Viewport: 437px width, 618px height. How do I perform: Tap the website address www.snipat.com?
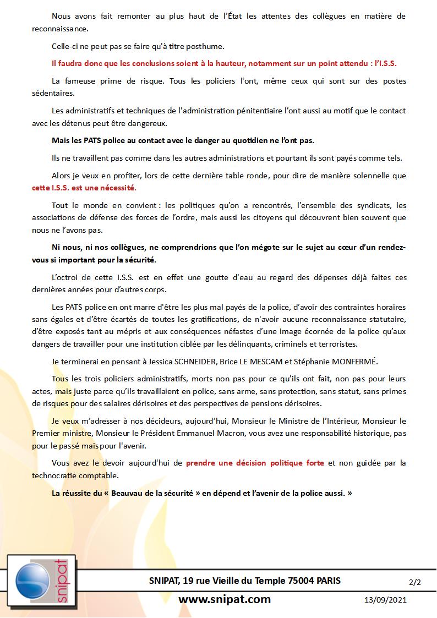225,599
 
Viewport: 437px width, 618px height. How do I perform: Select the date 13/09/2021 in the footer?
386,600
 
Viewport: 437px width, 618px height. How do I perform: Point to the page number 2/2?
414,581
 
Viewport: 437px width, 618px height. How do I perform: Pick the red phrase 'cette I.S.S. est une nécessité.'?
84,187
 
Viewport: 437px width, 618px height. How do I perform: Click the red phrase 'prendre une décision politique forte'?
255,463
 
